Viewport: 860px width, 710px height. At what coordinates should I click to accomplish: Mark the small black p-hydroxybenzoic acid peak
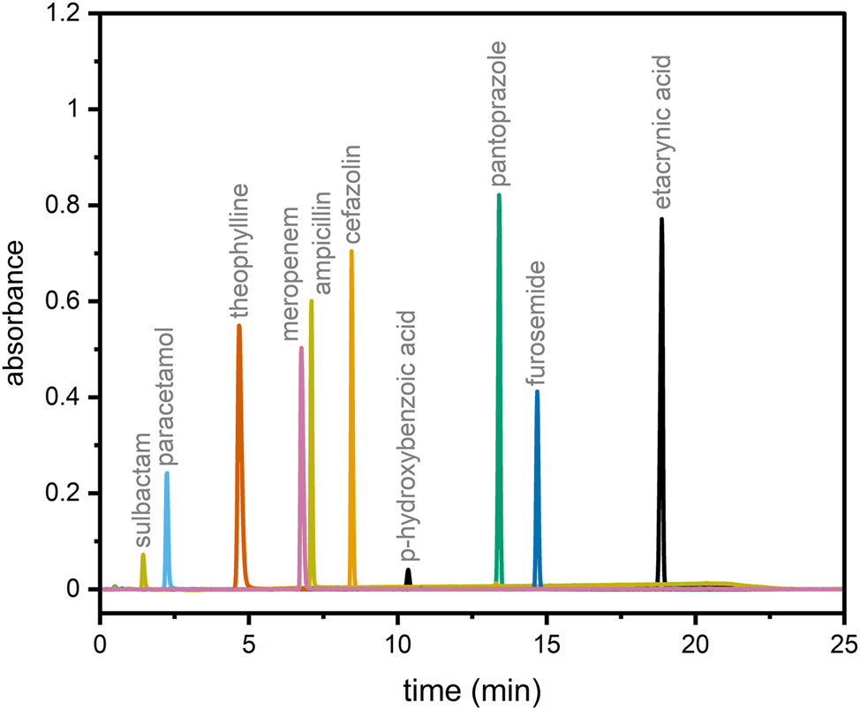pos(408,577)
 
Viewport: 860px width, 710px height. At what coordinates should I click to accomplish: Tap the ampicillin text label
pos(322,243)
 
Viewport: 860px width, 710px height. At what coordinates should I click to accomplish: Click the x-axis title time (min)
pos(472,687)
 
